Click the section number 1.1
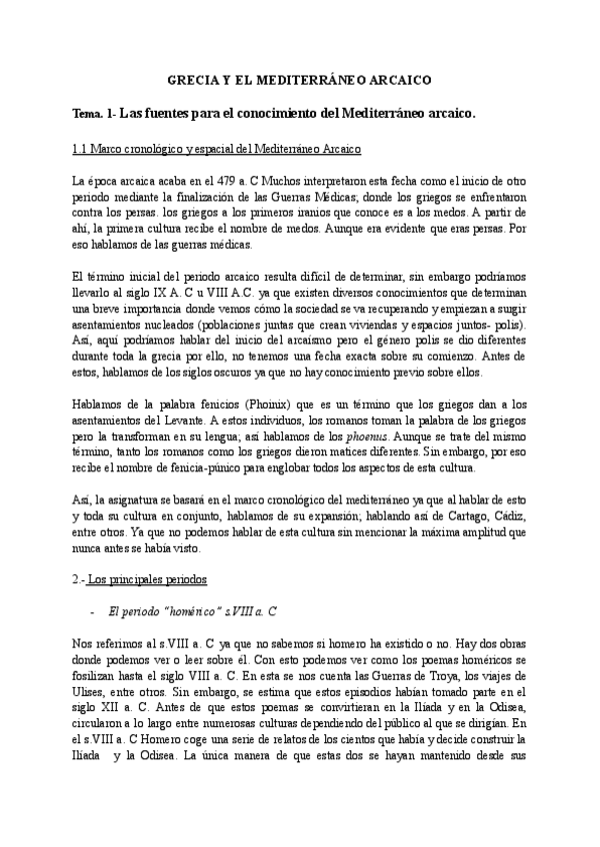click(x=82, y=149)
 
